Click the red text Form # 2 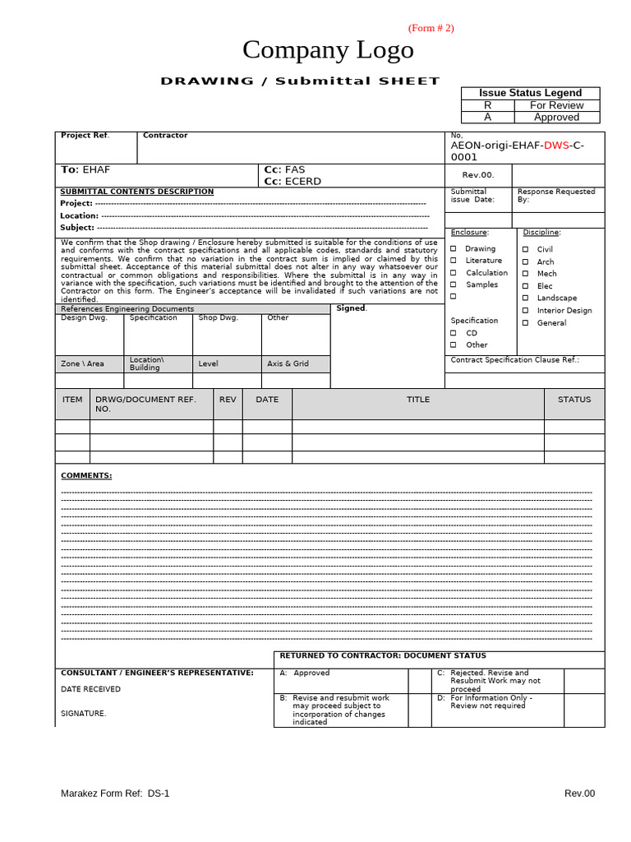point(431,28)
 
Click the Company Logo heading point(328,51)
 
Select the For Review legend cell point(556,105)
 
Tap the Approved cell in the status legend point(556,118)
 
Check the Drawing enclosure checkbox point(453,248)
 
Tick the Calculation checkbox point(453,273)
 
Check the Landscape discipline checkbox point(525,298)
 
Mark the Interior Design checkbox point(525,311)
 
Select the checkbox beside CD point(453,333)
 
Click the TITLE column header point(417,400)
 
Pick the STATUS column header point(573,400)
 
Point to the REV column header point(228,400)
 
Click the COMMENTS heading point(86,475)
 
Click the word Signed point(351,308)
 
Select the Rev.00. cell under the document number point(477,175)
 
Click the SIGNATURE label point(83,714)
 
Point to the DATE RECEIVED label point(90,689)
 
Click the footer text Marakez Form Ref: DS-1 point(115,793)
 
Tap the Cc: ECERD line point(292,182)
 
